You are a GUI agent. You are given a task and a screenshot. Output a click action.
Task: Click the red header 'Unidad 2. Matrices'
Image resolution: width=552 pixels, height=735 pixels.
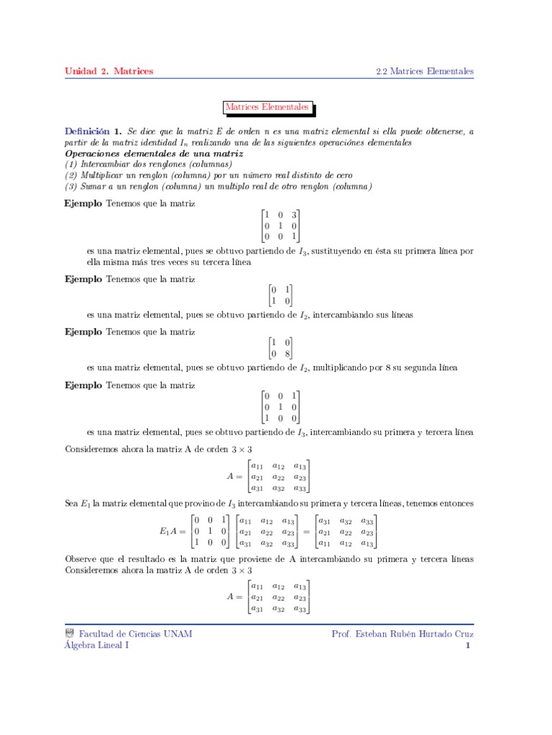click(109, 71)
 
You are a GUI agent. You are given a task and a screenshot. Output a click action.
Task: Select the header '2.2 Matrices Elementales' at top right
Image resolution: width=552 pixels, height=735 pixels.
click(425, 71)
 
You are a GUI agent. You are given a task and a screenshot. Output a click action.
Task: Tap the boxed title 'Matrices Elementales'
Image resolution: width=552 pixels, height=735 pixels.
click(267, 108)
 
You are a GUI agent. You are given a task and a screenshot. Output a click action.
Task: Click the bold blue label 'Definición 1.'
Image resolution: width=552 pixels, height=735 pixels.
click(93, 132)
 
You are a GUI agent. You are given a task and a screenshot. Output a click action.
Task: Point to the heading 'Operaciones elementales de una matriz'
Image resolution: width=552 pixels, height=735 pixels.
click(154, 154)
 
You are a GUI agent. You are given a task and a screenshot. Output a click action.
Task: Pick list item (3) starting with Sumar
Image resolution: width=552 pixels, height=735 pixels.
click(218, 187)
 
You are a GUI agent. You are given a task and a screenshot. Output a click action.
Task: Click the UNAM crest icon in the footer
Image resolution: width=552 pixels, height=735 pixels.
click(70, 634)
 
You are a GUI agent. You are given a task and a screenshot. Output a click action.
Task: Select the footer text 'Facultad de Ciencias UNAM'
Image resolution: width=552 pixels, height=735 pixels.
click(135, 634)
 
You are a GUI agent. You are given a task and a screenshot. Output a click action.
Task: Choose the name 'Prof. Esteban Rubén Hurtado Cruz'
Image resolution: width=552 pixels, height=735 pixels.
click(402, 634)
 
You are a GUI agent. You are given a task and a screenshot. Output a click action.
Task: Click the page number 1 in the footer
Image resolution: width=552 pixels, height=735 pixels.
click(467, 645)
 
